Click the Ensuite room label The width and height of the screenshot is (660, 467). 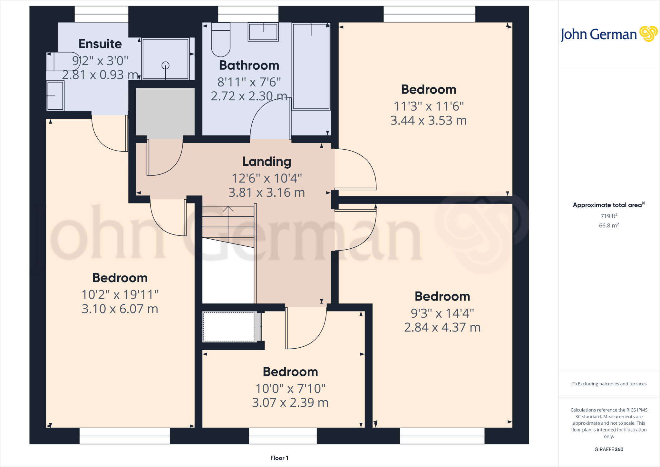(x=100, y=44)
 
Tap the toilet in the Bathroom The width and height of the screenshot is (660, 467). (x=221, y=40)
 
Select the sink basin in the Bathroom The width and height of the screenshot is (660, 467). (x=263, y=32)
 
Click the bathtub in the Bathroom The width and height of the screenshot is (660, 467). (x=311, y=66)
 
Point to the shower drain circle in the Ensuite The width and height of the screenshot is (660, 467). (x=165, y=65)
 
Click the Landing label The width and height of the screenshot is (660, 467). (x=267, y=162)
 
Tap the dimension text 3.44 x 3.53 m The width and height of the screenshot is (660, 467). (x=428, y=121)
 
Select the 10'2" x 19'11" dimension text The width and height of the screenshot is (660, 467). (x=120, y=295)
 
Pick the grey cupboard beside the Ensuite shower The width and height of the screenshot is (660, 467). (x=165, y=112)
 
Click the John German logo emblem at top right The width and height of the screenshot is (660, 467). (x=648, y=34)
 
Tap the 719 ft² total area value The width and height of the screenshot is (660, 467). (x=609, y=216)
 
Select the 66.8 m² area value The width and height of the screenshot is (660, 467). (x=609, y=225)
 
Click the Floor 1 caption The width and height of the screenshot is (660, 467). (x=279, y=458)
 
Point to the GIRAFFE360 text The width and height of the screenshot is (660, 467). (x=609, y=449)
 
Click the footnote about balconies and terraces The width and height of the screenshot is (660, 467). (x=609, y=384)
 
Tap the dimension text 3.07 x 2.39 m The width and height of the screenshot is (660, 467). (x=290, y=403)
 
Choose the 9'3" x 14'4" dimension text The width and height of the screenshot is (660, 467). (x=442, y=313)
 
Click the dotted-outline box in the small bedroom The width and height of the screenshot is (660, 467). (x=229, y=327)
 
